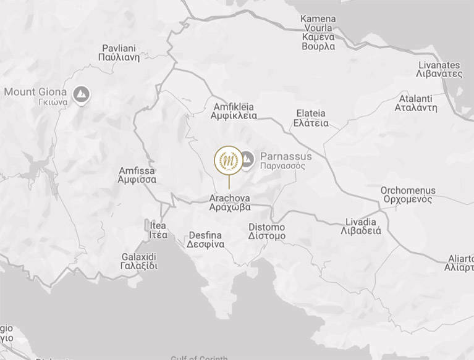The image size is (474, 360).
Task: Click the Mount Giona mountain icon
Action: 81,94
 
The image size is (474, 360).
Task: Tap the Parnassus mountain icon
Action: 247,159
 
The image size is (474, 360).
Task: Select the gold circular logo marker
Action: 229,160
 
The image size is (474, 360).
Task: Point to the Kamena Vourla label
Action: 318,32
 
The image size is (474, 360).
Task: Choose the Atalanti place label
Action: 416,103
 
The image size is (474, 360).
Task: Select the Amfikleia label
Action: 234,111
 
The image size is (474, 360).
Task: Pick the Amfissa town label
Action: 137,175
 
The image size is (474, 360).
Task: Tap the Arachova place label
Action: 230,203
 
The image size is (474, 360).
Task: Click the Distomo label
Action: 267,232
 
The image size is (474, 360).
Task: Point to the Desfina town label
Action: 206,240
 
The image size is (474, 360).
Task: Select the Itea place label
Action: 158,230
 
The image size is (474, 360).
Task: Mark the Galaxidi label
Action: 139,261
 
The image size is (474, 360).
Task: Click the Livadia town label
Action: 361,227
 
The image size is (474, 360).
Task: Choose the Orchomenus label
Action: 408,195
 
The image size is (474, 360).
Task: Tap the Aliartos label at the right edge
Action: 460,263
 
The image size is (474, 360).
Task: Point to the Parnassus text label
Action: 286,161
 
